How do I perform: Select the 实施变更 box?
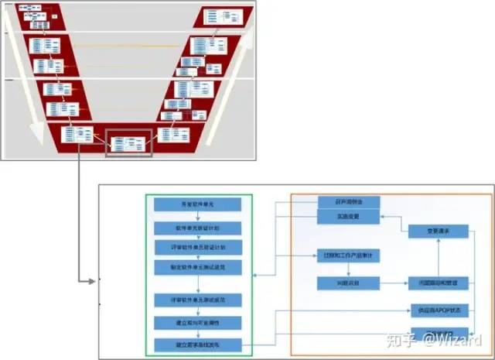349,218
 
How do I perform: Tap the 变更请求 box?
439,231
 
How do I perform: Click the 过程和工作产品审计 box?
349,255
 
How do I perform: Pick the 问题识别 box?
349,283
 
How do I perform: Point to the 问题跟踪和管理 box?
439,283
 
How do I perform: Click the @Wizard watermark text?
459,338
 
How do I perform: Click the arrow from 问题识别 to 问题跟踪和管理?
394,283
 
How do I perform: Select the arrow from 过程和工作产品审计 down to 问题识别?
349,269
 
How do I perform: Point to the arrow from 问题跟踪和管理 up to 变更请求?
439,258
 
